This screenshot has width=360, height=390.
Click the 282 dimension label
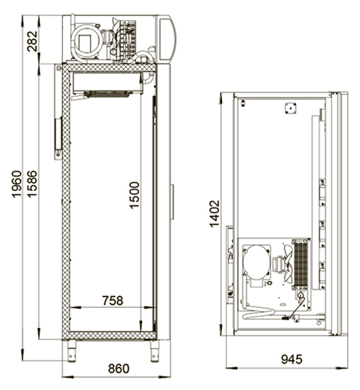point(33,41)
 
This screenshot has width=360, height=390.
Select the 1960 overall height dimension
point(17,184)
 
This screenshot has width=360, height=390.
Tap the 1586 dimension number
point(32,184)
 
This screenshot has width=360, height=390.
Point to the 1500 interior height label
point(134,195)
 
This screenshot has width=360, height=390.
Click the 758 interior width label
point(113,300)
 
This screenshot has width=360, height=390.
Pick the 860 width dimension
point(119,368)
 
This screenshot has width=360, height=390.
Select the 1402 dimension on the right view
point(215,214)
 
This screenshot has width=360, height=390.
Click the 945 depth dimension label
point(291,359)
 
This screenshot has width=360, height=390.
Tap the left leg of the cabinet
point(71,351)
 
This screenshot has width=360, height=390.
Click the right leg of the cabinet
point(155,351)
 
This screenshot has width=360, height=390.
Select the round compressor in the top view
point(256,262)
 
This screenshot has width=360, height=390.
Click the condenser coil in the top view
point(301,264)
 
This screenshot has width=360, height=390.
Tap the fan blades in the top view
point(288,264)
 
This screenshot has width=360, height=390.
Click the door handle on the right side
point(172,202)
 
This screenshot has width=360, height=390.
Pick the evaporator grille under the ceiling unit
point(107,94)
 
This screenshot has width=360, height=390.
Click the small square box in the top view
point(291,109)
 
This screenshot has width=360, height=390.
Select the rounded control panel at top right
point(167,39)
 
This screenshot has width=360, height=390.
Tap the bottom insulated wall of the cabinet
point(109,335)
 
